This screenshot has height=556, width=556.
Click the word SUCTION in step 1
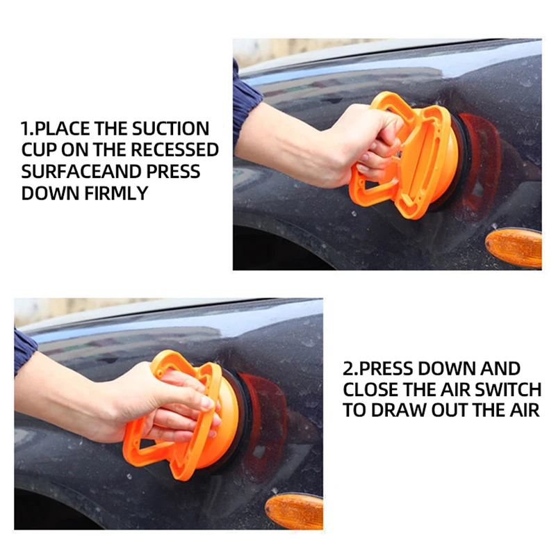pos(170,129)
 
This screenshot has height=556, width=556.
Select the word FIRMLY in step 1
pos(116,194)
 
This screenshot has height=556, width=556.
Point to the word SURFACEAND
pos(81,172)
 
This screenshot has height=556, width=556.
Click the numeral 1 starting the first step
pos(24,129)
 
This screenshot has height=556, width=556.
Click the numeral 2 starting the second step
pos(348,369)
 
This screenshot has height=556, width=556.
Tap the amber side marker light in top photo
pos(514,247)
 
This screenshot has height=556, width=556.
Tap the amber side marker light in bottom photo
pos(294,511)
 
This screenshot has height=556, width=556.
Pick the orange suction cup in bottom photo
pos(188,415)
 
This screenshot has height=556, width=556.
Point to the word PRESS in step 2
pos(386,369)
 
